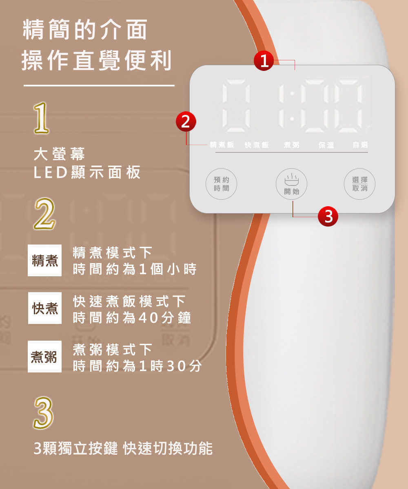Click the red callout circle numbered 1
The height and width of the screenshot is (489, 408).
coord(264,61)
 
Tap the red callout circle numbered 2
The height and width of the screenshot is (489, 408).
coord(186,121)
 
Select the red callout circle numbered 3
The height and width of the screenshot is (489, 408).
coord(328,216)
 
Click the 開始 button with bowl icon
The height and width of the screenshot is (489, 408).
coord(291,184)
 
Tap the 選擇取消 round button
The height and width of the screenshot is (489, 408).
coord(359,184)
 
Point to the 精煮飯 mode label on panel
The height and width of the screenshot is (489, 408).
coord(222,145)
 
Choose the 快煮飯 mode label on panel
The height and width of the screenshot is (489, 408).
coord(257,145)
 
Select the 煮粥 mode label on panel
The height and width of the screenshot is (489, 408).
coord(291,145)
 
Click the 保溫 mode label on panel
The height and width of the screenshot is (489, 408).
coord(326,145)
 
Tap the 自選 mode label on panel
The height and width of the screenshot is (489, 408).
coord(360,145)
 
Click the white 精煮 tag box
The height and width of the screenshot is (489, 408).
coord(44,260)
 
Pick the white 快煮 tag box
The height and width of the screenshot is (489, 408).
coord(45,308)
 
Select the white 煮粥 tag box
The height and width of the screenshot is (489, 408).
coord(44,357)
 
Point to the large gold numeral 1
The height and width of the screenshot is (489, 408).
coord(42,118)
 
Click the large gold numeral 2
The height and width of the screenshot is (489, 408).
coord(44,214)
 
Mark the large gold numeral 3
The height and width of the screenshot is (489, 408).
coord(44,413)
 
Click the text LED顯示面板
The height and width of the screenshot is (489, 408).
coord(87,172)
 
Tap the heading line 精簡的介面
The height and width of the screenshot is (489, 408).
coord(85,29)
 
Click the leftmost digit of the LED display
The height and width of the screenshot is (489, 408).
coord(236,106)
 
